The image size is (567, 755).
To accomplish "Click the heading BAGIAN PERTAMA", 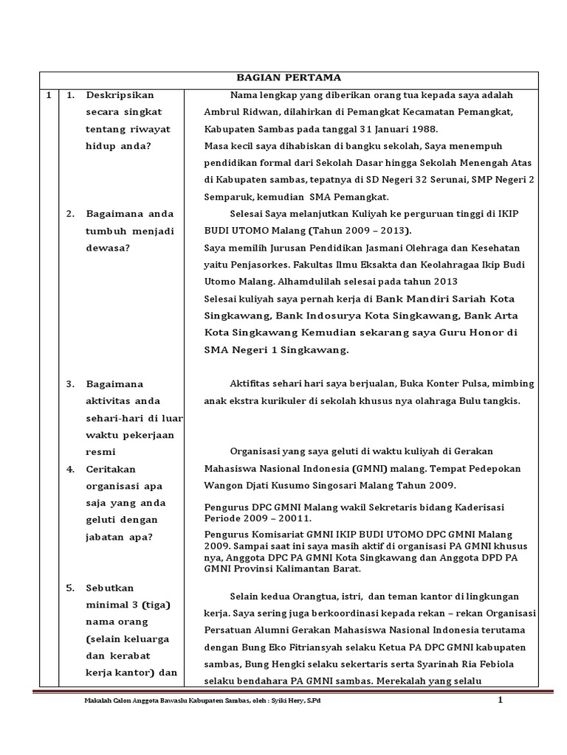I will click(289, 77).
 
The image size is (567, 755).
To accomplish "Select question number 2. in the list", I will click(70, 214).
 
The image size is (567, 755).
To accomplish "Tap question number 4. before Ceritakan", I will click(70, 469).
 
